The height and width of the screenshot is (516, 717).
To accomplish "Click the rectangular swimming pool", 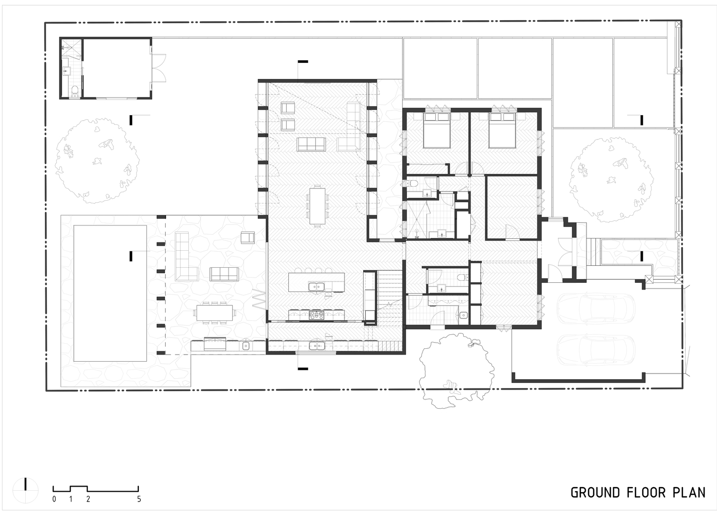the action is point(110,293).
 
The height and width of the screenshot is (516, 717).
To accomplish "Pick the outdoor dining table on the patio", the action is point(215,313).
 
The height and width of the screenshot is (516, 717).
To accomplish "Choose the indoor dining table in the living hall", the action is point(317,206).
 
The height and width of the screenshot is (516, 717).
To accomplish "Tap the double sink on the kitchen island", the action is point(317,286).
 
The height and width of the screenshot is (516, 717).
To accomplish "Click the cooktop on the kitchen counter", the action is point(317,315).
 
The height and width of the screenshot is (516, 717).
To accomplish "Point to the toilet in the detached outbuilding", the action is point(75,91).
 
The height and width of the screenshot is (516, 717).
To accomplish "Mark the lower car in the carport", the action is point(596,350).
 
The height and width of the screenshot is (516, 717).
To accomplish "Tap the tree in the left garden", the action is point(97,161).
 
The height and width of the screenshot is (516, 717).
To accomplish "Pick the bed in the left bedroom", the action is point(436,131).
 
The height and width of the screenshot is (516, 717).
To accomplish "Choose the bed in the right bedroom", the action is point(502,131).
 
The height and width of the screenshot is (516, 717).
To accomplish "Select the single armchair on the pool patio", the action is point(248,237).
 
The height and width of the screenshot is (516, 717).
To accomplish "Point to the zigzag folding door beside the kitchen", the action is point(260,298).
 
